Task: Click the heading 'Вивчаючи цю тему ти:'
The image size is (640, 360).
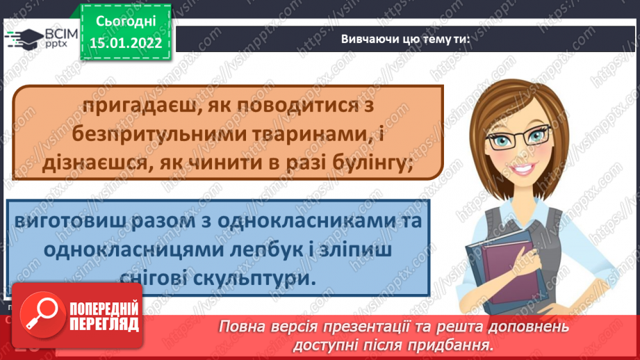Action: click(406, 39)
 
